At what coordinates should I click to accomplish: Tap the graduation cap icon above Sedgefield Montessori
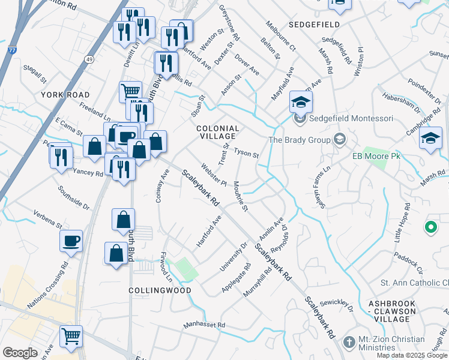[301, 102]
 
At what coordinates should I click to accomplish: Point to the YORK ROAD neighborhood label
[65, 95]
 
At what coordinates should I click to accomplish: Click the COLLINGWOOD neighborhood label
[160, 290]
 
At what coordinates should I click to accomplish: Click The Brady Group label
[300, 140]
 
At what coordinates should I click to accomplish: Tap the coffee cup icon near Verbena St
[71, 241]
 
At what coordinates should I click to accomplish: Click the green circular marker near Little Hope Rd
[430, 227]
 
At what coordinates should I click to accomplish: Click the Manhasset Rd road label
[203, 325]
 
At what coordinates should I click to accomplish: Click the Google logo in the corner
[20, 352]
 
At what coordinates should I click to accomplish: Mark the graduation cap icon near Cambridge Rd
[430, 139]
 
